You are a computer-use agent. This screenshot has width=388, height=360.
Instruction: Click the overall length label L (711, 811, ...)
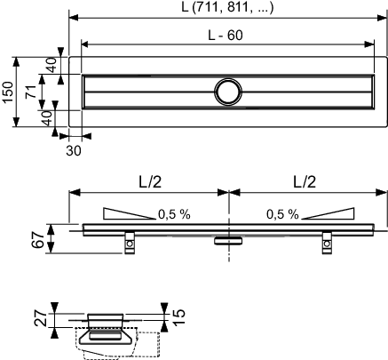(227, 7)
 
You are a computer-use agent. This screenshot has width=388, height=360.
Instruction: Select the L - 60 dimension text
(226, 36)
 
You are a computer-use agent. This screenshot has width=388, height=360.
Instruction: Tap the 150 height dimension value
(8, 92)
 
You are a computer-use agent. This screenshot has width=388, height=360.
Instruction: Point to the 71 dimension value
(31, 92)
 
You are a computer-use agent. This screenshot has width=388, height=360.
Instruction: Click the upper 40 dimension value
(51, 65)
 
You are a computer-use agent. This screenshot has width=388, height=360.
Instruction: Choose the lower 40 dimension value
(46, 118)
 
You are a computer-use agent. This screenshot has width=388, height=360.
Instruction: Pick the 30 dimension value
(73, 151)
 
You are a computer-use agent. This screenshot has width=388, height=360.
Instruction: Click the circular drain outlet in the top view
(228, 92)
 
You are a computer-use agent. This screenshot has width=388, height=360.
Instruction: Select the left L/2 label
(150, 181)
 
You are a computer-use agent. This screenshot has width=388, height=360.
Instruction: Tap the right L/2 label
(305, 181)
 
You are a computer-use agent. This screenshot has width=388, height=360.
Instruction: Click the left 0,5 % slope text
(174, 214)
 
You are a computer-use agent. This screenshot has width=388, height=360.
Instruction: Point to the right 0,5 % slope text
(282, 214)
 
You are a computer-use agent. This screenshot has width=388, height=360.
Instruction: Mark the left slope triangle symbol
(129, 213)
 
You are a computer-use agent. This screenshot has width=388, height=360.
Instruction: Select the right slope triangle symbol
(328, 213)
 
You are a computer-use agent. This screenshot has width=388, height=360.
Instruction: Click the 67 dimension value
(39, 239)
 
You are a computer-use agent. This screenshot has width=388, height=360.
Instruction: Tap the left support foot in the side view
(130, 243)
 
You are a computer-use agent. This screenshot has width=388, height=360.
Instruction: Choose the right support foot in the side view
(327, 243)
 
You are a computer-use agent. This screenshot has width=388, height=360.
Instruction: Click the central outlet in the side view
(228, 240)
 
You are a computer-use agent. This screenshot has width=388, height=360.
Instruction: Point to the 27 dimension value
(41, 318)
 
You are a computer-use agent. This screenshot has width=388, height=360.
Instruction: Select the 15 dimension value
(178, 317)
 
